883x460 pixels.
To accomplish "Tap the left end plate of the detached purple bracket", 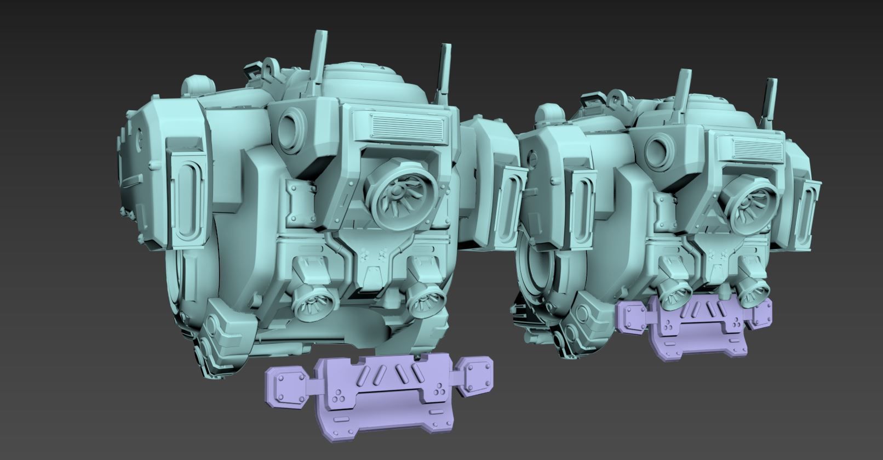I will pos(287,387).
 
